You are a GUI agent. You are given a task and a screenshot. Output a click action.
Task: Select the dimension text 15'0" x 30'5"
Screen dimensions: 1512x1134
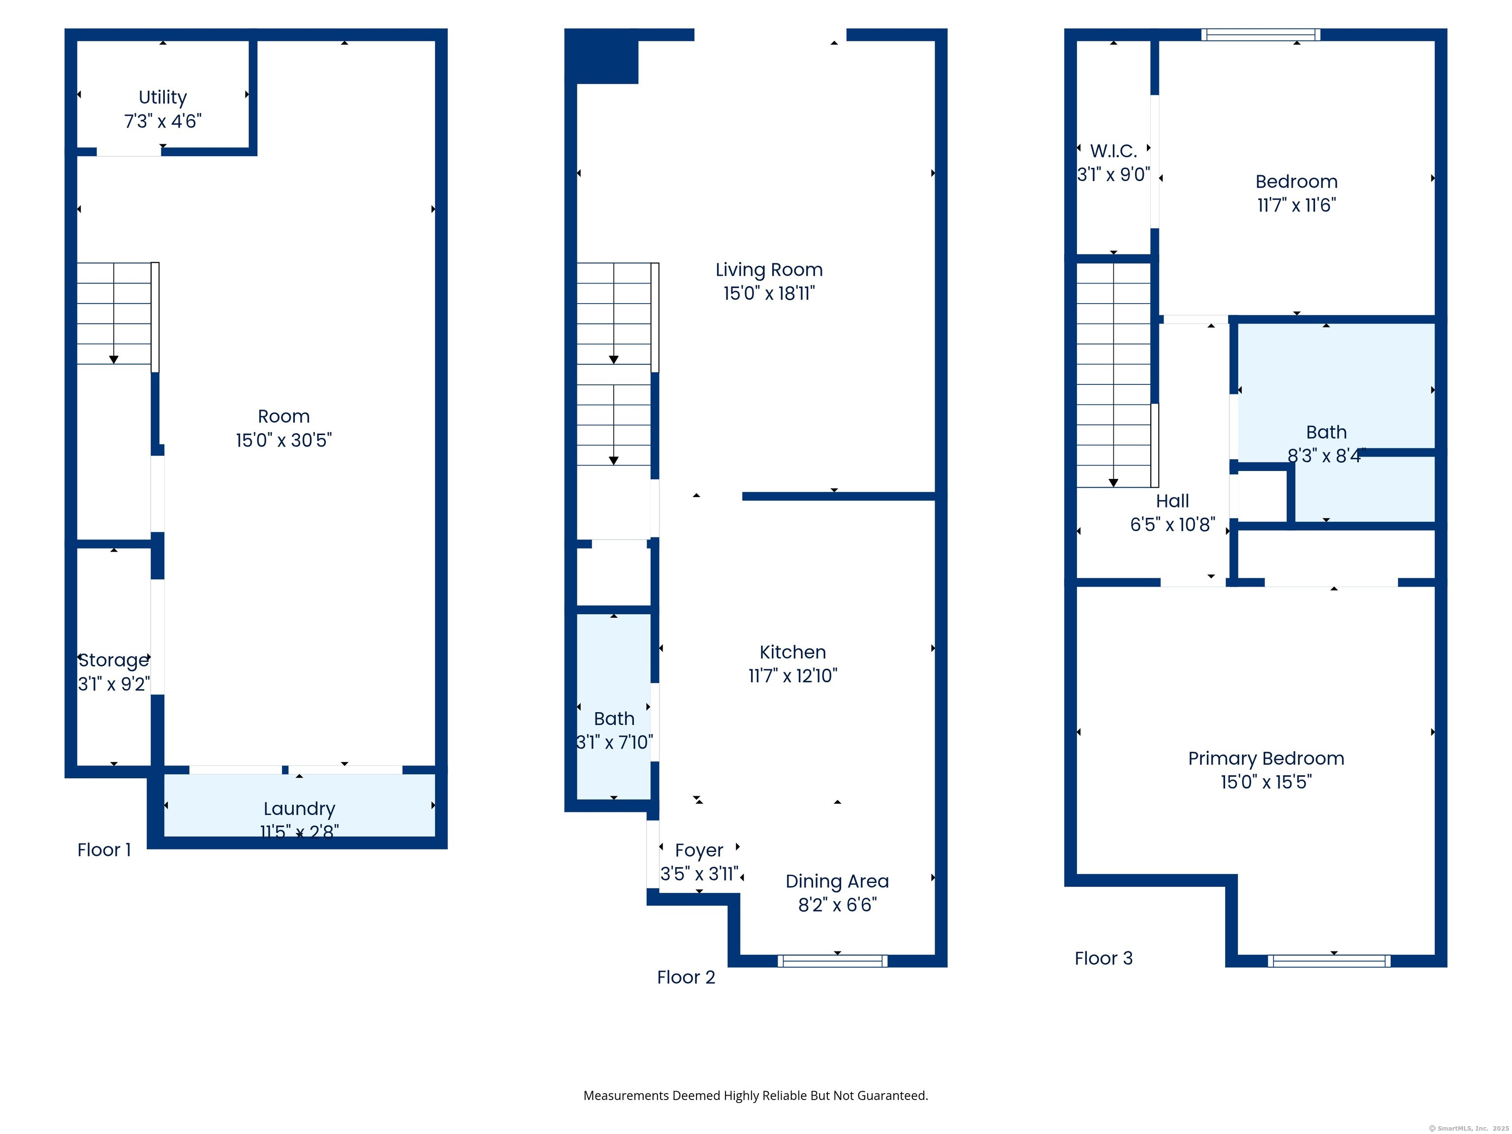pos(283,440)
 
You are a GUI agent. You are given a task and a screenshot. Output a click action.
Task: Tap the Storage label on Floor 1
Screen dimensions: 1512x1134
pos(114,661)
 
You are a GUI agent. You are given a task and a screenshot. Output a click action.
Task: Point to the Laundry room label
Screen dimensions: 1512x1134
pos(299,809)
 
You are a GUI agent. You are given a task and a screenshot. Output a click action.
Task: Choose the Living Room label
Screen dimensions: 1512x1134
pos(769,270)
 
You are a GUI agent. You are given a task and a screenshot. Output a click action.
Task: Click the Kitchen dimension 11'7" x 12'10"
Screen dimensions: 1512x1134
pos(793,676)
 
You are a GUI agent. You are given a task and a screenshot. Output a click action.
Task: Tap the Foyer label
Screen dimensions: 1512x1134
pos(698,850)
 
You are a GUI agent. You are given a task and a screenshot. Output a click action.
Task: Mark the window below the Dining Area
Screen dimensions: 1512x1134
pos(833,961)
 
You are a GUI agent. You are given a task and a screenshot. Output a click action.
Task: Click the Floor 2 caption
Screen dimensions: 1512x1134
pos(686,977)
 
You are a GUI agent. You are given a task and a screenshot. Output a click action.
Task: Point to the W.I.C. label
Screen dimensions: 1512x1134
pos(1113,151)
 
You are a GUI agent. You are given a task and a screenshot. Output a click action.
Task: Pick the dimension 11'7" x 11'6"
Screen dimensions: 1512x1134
pos(1297,205)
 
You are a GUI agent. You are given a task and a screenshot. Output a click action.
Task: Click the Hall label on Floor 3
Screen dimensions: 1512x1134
pos(1172,501)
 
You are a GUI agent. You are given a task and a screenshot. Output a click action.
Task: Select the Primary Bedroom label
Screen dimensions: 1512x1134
pos(1266,759)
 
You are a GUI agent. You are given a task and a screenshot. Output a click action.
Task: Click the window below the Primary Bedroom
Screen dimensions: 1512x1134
pos(1329,961)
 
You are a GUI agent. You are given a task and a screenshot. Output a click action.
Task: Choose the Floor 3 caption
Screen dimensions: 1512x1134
pos(1103,958)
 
